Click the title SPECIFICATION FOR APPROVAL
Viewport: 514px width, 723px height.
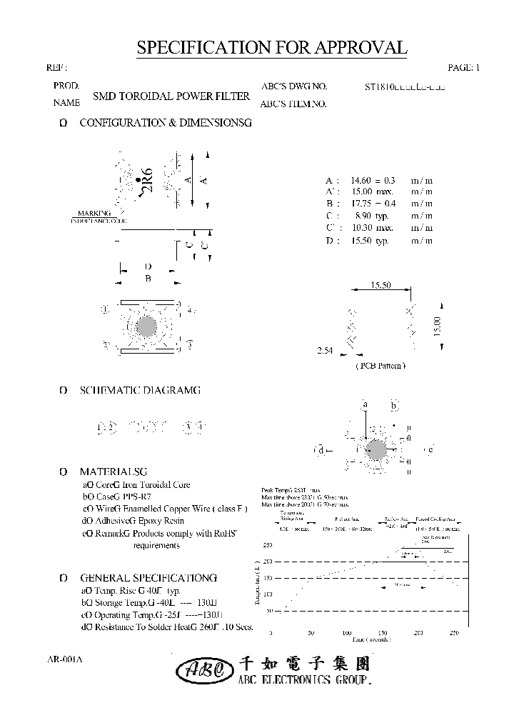pyautogui.click(x=271, y=48)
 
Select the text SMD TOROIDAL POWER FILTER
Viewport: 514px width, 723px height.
pyautogui.click(x=171, y=96)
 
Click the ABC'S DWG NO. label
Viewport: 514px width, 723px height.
pyautogui.click(x=293, y=86)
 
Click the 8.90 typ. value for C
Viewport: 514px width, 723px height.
pyautogui.click(x=371, y=216)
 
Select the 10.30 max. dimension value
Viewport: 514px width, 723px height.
pyautogui.click(x=372, y=228)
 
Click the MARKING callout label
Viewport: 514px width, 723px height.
pyautogui.click(x=94, y=213)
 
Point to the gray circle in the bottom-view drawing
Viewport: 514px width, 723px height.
pyautogui.click(x=146, y=326)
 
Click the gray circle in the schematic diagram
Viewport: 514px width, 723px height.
pyautogui.click(x=376, y=450)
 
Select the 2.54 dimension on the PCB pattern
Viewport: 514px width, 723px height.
pyautogui.click(x=325, y=351)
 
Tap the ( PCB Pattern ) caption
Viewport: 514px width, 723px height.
pyautogui.click(x=380, y=365)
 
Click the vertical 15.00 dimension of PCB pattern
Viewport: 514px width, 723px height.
pyautogui.click(x=437, y=326)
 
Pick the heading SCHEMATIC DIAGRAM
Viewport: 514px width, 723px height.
pyautogui.click(x=140, y=390)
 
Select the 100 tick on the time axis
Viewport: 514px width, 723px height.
pyautogui.click(x=346, y=633)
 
